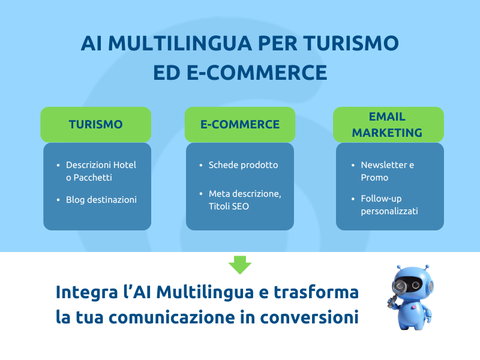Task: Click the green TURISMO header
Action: tap(95, 124)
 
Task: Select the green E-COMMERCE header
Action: tap(240, 124)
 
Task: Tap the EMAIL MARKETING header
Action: tap(388, 124)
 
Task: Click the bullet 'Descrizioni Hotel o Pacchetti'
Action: tap(101, 171)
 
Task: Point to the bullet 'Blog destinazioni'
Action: tap(101, 199)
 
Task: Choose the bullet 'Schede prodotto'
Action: tap(243, 164)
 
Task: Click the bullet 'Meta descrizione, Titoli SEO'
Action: tap(244, 200)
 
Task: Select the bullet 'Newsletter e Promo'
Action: tap(387, 171)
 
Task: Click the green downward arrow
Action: tap(240, 265)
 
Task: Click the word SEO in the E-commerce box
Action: tap(241, 206)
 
